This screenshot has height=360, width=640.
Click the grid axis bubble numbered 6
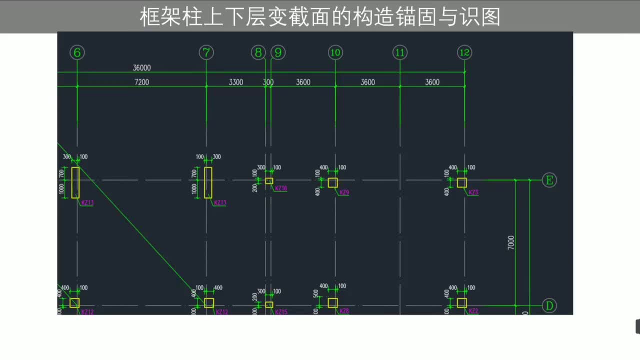(77, 52)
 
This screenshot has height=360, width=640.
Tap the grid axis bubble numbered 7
(206, 52)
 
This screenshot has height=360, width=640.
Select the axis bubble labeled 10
(335, 52)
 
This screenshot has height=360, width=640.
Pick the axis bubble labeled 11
(399, 52)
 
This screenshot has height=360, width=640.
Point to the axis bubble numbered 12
(464, 52)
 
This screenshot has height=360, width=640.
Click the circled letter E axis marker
(549, 180)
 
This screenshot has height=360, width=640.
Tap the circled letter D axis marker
(549, 305)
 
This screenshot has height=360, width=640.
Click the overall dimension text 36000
(141, 68)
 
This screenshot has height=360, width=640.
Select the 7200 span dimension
(141, 82)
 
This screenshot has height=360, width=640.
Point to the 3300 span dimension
(236, 82)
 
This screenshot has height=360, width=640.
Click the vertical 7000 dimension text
(510, 243)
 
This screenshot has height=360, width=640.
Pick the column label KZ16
(281, 188)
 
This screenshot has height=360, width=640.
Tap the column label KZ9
(344, 192)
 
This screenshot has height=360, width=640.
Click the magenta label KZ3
(473, 192)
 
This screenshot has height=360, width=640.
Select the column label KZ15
(281, 312)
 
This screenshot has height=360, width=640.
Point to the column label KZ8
(344, 311)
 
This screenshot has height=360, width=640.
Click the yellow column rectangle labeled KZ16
(269, 181)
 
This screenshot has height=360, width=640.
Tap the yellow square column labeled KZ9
(332, 182)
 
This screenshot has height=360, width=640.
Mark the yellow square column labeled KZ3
(461, 182)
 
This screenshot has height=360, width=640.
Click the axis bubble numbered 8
(258, 52)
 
